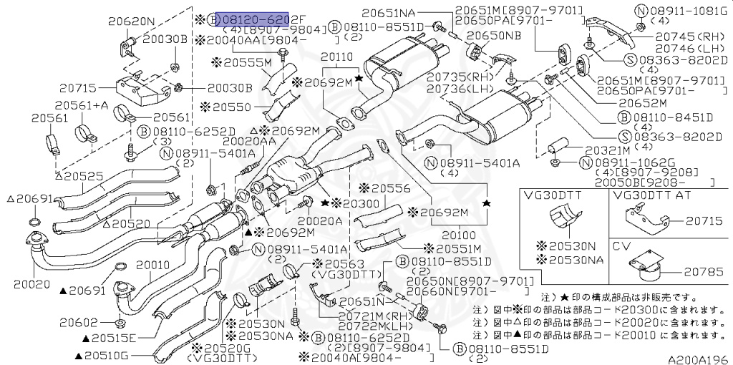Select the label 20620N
[131, 21]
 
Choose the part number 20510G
[105, 355]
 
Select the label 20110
[336, 56]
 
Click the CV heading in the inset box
[621, 246]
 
